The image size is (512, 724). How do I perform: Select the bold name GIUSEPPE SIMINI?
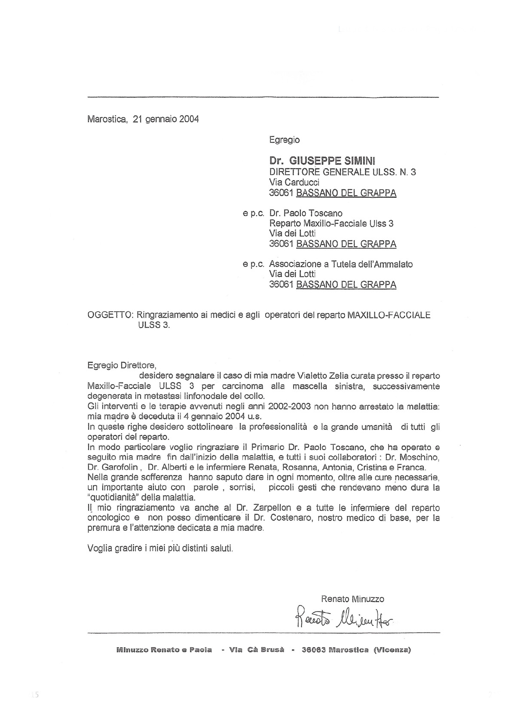(x=332, y=161)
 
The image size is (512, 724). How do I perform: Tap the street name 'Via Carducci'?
(x=294, y=182)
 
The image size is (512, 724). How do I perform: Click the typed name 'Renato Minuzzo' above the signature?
(x=353, y=598)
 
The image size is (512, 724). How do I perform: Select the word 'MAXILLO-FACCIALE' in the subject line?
(x=388, y=315)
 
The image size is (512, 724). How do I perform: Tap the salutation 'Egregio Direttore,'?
(x=121, y=366)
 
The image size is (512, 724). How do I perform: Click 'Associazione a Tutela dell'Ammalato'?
(x=341, y=264)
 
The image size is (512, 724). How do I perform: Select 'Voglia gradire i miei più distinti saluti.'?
(x=160, y=548)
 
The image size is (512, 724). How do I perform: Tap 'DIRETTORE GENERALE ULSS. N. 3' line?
(x=342, y=172)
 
